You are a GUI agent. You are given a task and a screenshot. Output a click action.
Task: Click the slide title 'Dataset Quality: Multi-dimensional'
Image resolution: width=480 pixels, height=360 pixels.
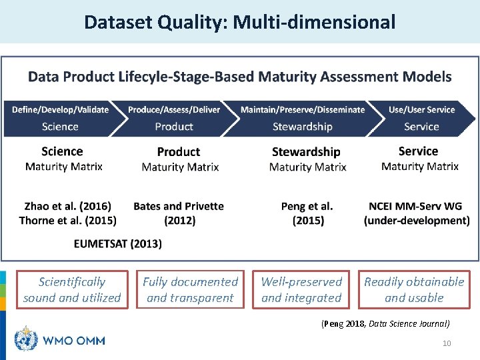tap(239, 23)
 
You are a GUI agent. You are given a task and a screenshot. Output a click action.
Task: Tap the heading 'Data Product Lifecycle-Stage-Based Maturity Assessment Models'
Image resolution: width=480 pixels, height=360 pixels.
tap(239, 77)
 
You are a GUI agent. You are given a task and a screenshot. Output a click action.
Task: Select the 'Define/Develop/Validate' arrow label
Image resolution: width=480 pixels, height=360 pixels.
tap(60, 109)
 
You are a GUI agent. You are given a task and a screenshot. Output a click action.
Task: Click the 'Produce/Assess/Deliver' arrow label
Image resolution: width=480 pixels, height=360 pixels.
tap(174, 109)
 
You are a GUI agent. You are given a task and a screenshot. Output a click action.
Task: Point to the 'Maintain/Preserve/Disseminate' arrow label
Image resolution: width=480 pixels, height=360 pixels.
tap(303, 109)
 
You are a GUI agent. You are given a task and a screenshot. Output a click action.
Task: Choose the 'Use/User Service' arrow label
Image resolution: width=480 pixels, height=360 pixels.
tap(421, 109)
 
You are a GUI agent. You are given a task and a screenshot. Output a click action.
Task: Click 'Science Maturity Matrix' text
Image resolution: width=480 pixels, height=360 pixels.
tap(63, 159)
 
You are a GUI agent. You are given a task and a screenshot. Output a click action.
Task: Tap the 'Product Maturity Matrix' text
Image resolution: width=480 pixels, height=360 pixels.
tap(179, 159)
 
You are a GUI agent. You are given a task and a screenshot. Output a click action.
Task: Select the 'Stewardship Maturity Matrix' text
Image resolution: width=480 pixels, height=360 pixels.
tap(307, 159)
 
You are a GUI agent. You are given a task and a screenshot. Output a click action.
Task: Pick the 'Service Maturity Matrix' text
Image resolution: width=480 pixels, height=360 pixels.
tap(419, 159)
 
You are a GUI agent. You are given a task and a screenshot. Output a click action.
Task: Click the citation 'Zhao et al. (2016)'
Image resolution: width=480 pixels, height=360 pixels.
tap(68, 206)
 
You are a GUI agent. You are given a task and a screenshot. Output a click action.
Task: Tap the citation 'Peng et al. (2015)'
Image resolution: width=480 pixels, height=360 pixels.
tap(307, 213)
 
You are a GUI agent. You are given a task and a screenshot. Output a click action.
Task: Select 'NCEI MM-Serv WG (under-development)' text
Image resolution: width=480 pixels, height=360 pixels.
tap(417, 213)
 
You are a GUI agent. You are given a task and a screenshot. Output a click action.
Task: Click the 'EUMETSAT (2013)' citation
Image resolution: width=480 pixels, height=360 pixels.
tap(117, 243)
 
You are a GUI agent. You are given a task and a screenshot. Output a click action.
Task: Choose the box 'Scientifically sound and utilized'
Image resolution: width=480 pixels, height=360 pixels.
tap(72, 289)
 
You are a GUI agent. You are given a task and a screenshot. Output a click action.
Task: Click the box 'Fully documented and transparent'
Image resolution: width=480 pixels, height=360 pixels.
tap(190, 289)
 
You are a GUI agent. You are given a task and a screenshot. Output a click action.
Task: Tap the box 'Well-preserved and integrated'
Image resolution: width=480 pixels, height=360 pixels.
tap(301, 289)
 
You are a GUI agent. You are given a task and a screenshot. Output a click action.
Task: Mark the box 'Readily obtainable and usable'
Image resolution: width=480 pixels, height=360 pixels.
tap(414, 289)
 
